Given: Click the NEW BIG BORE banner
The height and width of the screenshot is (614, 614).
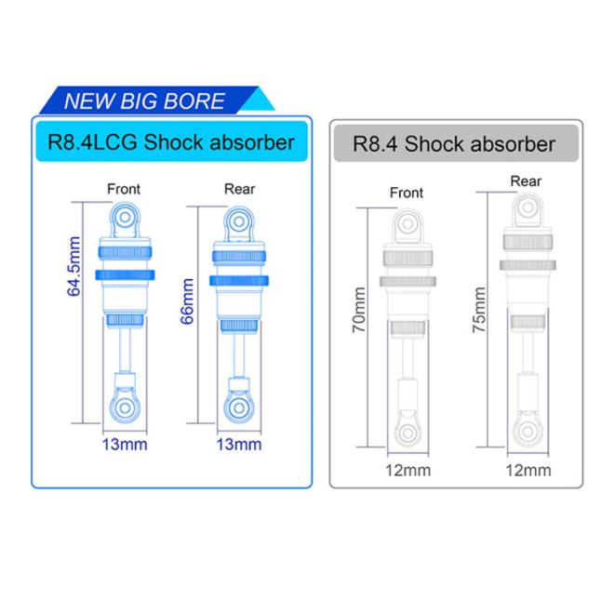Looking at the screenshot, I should pos(145,100).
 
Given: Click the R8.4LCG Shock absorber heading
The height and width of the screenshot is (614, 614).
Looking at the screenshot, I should pos(171,142).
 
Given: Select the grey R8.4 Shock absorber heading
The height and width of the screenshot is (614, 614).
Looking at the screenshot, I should pos(455,144).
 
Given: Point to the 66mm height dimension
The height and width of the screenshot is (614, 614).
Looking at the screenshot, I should pos(187,300).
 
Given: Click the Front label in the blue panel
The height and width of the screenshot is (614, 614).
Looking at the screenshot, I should pos(124,189).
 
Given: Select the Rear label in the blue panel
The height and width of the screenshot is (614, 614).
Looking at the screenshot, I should pos(239,189).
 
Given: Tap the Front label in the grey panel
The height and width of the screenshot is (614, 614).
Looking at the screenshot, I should pos(407,194).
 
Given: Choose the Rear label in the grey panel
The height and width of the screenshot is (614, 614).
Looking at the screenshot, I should pos(526,180).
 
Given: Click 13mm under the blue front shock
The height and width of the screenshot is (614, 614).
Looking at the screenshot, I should pos(124,444).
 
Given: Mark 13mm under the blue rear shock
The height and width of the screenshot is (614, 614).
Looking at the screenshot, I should pos(239,444).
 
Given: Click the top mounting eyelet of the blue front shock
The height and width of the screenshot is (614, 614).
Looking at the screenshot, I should pos(124,219).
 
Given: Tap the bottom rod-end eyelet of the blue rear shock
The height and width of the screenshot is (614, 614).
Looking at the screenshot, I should pos(239,406).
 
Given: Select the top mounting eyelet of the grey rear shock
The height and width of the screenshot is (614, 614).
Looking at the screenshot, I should pos(526,208).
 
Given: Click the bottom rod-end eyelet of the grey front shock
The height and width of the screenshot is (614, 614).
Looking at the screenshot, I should pos(407,431).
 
